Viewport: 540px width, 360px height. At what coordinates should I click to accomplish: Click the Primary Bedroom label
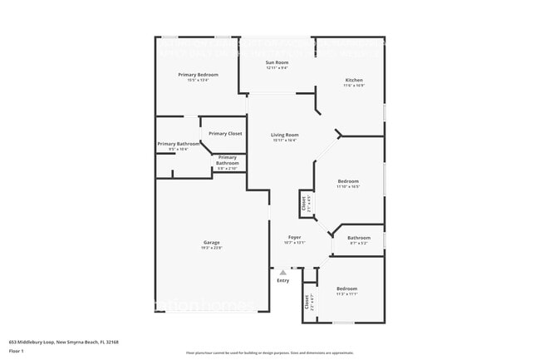[x=198, y=75]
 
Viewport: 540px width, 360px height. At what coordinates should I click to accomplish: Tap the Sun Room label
[x=277, y=62]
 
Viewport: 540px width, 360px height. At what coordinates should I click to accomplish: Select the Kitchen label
[x=354, y=81]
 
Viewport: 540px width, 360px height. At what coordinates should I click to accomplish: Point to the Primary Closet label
[x=225, y=134]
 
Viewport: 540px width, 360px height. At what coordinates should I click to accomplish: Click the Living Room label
[x=285, y=135]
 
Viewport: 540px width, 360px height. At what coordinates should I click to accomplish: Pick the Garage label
[x=210, y=243]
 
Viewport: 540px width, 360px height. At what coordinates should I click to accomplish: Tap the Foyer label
[x=295, y=237]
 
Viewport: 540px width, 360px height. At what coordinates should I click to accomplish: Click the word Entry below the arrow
[x=283, y=280]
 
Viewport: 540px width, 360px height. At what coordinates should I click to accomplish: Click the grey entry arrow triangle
[x=283, y=272]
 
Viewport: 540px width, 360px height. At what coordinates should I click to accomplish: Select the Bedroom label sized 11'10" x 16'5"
[x=348, y=181]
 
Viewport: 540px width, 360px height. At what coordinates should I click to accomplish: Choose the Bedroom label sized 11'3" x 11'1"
[x=346, y=288]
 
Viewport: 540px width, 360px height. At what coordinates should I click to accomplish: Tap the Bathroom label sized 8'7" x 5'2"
[x=359, y=238]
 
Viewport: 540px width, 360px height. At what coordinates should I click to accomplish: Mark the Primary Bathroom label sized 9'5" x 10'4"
[x=179, y=144]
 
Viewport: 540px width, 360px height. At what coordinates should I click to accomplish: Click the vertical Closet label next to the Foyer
[x=304, y=202]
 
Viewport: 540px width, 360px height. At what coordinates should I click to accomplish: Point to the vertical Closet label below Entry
[x=307, y=301]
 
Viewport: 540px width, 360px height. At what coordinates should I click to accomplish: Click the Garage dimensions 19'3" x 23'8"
[x=210, y=249]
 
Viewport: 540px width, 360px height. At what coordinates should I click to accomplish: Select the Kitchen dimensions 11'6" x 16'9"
[x=354, y=86]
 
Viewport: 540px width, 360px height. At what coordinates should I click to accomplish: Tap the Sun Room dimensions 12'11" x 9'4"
[x=277, y=68]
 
